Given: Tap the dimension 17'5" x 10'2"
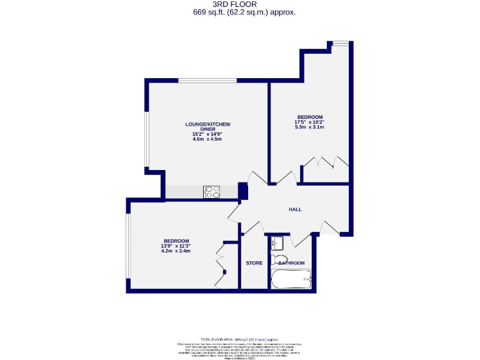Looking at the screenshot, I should click(310, 122).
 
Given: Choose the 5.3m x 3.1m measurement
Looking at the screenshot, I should click(310, 127).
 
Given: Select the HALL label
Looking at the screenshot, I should click(295, 209).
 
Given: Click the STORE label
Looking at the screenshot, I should click(254, 263).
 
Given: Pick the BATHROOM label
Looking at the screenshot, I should click(292, 263).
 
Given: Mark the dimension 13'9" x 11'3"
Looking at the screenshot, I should click(176, 246).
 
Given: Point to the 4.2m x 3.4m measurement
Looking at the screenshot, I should click(176, 252).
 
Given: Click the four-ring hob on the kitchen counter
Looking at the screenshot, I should click(212, 192).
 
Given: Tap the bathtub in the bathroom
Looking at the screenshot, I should click(291, 279).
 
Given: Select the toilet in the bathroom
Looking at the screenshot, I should click(279, 259).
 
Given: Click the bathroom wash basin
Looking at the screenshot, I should click(277, 243).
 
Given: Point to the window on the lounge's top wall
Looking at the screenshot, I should click(207, 81).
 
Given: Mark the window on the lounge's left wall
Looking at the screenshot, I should click(146, 140).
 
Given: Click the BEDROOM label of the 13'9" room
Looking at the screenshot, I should click(176, 241).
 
